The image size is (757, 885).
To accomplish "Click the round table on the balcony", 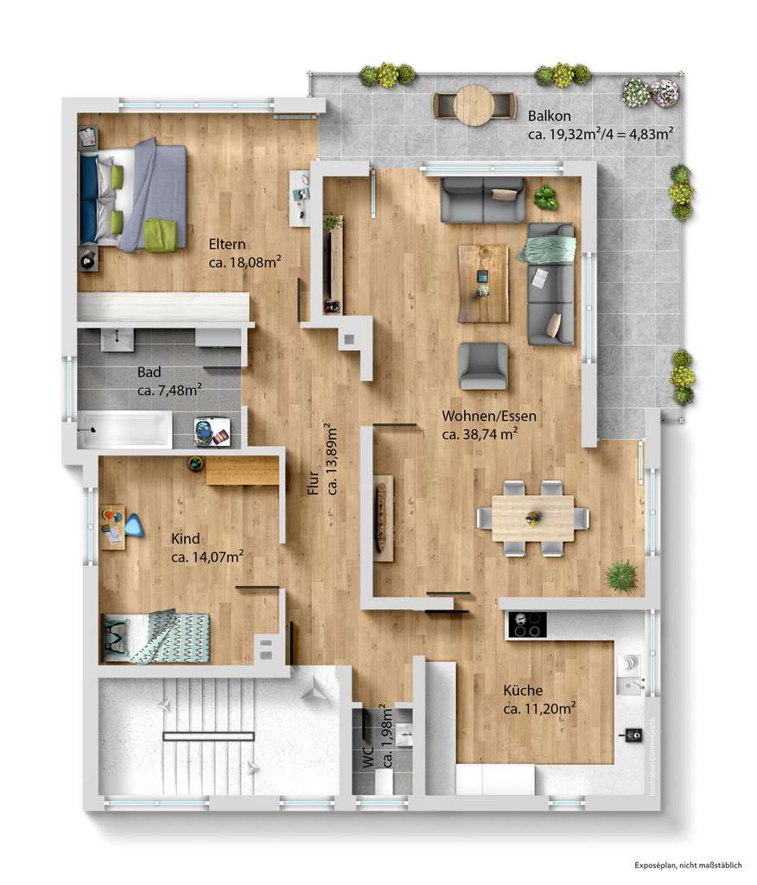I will [474, 105].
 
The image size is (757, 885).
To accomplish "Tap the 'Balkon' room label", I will [549, 116].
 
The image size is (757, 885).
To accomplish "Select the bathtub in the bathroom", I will [124, 430].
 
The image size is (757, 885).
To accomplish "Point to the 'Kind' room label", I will [185, 539].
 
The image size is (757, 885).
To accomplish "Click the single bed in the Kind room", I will [156, 637].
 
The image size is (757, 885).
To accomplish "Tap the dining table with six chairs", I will [533, 519].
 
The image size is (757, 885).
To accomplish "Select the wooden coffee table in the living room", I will [483, 283].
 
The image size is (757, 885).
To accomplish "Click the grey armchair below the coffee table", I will [483, 365].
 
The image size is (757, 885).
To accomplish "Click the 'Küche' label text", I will [523, 691].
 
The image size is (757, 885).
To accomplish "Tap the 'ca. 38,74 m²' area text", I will [480, 435].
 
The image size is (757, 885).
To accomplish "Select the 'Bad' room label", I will [149, 373].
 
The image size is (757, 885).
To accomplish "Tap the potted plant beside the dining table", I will [620, 576].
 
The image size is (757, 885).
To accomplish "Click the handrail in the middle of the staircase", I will [209, 735].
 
